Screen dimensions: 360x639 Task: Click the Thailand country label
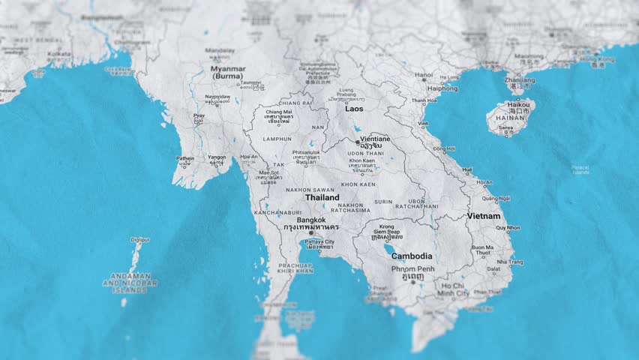click(322, 198)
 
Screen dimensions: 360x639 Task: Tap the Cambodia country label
click(411, 256)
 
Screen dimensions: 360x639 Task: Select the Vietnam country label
click(484, 216)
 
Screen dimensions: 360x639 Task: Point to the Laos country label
click(354, 109)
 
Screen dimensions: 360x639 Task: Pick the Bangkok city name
click(311, 220)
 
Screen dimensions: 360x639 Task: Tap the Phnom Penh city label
click(412, 268)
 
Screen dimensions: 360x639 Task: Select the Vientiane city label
click(375, 139)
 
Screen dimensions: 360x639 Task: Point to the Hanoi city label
click(424, 75)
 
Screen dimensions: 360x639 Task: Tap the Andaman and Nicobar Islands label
click(130, 283)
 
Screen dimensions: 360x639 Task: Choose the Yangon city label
click(217, 157)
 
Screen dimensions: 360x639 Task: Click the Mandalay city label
click(220, 51)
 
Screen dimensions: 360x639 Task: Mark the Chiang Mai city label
click(277, 112)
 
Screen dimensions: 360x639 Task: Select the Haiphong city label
click(442, 88)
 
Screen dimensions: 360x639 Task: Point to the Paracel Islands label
click(580, 169)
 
